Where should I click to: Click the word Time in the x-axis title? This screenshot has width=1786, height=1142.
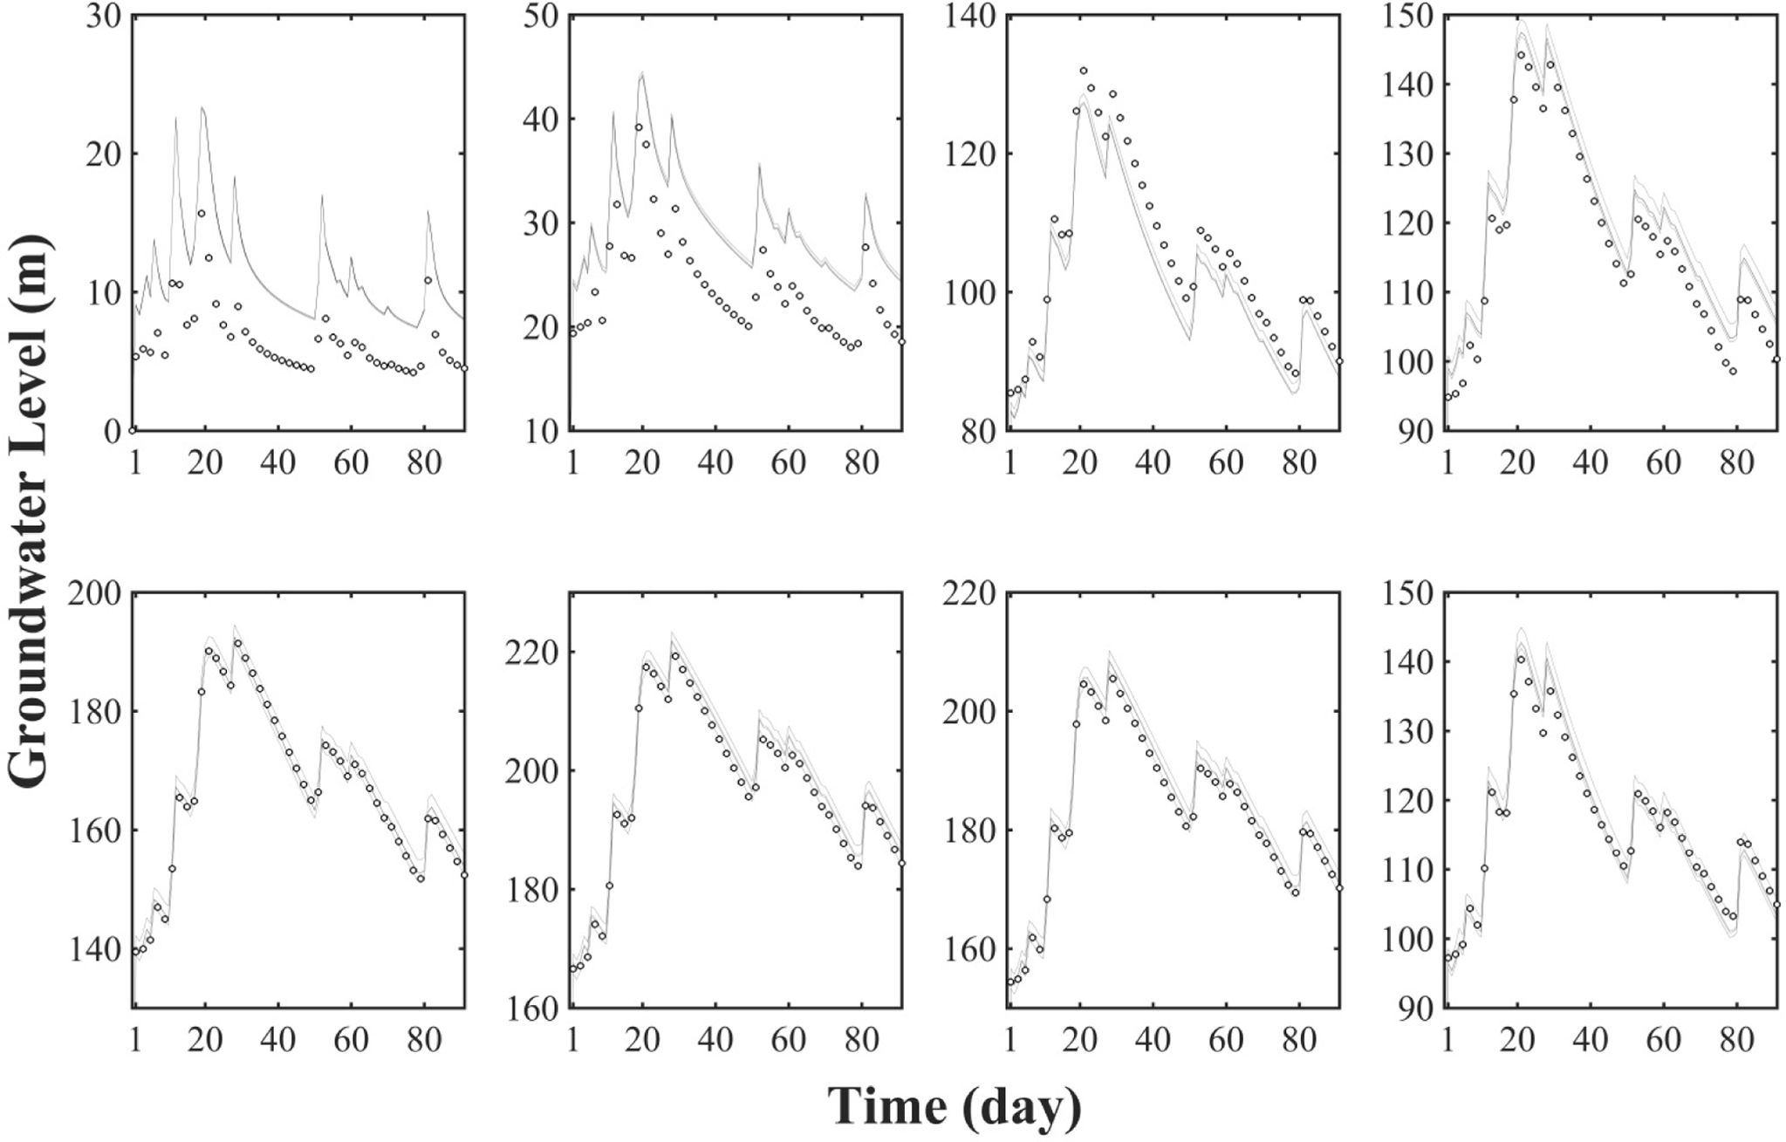[886, 1106]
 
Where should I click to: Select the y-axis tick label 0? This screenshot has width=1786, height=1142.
[110, 431]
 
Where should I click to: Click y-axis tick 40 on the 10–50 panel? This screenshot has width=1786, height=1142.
[544, 120]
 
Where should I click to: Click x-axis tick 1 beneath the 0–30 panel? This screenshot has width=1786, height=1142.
[135, 462]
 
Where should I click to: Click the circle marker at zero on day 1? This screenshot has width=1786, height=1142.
[133, 430]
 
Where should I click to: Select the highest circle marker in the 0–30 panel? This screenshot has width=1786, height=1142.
[202, 213]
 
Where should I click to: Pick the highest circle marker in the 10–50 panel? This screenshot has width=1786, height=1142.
[639, 127]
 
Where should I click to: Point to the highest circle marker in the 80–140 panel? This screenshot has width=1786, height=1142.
[1084, 71]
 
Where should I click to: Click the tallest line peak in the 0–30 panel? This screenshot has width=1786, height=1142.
[202, 107]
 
